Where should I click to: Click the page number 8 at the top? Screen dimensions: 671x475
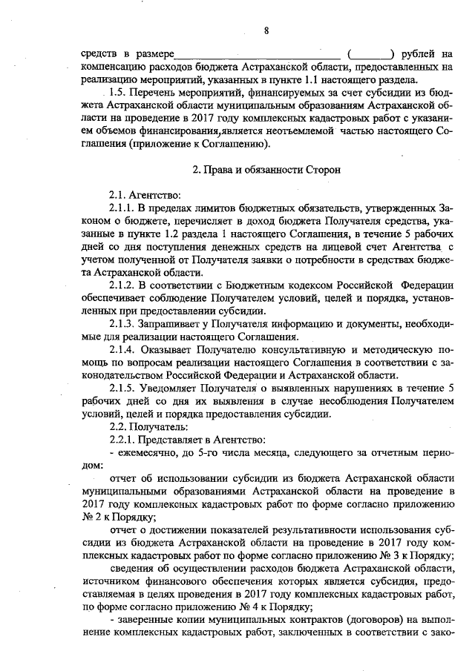[x=265, y=30]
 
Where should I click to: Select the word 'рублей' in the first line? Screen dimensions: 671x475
[x=417, y=55]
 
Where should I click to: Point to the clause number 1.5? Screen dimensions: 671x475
[x=119, y=93]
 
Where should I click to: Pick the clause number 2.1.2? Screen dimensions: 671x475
[x=122, y=284]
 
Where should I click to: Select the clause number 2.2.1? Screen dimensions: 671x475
[x=122, y=440]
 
